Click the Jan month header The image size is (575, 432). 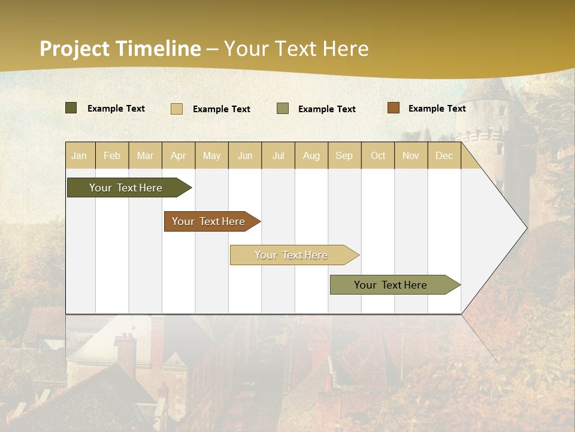click(79, 155)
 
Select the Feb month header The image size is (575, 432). click(112, 155)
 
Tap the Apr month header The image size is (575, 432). click(178, 155)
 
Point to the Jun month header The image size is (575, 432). click(245, 155)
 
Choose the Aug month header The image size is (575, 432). click(311, 155)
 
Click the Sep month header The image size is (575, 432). click(344, 155)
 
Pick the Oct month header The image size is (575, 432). click(378, 155)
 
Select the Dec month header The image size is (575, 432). click(444, 155)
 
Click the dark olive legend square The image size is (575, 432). click(71, 108)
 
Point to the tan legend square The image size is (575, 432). click(177, 109)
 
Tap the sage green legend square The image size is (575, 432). click(283, 109)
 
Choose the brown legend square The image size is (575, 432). click(393, 108)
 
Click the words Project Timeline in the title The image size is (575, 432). click(120, 49)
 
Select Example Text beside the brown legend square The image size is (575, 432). click(437, 108)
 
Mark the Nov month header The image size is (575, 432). click(411, 155)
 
